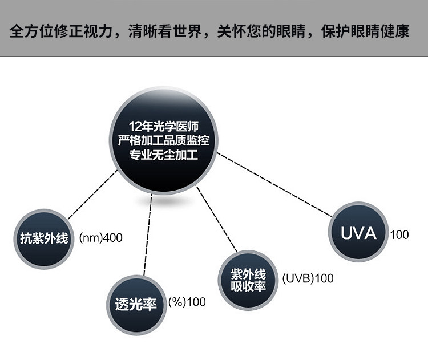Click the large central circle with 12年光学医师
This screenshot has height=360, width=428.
(164, 139)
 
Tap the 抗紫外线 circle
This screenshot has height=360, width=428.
(41, 238)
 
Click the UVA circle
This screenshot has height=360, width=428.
(358, 233)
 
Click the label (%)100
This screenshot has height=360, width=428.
(187, 302)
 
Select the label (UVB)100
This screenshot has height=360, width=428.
(308, 279)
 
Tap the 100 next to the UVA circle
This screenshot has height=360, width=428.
(399, 234)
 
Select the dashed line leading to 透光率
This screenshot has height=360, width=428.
(147, 234)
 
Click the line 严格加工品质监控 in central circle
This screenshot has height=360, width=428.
(164, 140)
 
